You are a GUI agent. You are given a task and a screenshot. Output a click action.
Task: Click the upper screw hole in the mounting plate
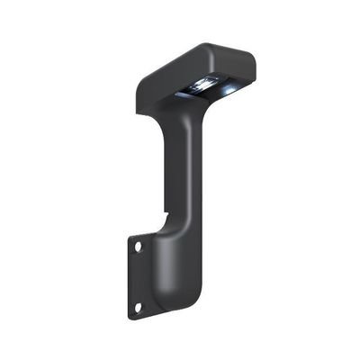pos(138,245)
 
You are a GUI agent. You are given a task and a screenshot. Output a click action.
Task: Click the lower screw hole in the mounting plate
pos(138,307)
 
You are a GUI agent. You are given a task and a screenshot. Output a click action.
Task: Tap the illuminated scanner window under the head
pos(205,87)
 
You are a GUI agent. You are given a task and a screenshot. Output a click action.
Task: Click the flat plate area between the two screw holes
pos(137,275)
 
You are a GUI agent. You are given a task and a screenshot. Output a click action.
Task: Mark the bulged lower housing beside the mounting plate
pos(175,270)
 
